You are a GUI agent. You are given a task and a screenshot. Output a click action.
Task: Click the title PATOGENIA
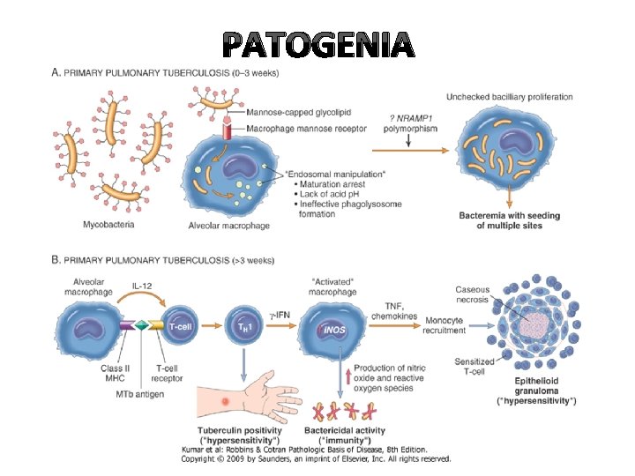coord(317,44)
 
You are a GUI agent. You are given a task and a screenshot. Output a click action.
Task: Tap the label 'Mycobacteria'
coord(108,224)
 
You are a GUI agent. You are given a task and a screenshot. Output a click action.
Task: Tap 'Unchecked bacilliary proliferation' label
coord(510,97)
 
